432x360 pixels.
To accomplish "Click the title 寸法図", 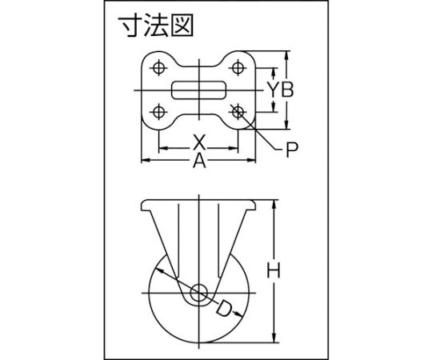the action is point(156,26).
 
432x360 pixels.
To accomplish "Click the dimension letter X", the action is point(199,142).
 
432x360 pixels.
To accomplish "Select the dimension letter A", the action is point(199,161).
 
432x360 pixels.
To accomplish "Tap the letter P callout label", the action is point(292,150).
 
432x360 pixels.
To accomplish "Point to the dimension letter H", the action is point(274,270).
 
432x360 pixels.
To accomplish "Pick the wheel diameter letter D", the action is point(223,309).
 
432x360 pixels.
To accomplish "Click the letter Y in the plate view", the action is point(274,90).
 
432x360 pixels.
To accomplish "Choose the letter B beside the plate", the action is point(287,90).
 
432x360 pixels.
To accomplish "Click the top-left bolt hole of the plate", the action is point(158,67).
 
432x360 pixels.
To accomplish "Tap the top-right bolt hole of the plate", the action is point(238,67).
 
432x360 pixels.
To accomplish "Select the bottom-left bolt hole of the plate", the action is point(158,112).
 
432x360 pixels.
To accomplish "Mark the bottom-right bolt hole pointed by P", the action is point(238,112).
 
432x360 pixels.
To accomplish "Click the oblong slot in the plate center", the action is point(199,90).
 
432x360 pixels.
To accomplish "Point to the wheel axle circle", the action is point(198,293).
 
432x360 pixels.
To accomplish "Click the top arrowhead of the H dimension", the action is point(274,204).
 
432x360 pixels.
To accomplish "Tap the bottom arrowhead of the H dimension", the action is point(274,338).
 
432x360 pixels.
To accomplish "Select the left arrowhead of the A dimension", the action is point(146,160).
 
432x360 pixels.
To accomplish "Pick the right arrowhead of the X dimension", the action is point(233,148).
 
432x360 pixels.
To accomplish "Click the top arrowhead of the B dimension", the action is point(287,56).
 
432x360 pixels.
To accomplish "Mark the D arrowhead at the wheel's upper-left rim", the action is point(160,270).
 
